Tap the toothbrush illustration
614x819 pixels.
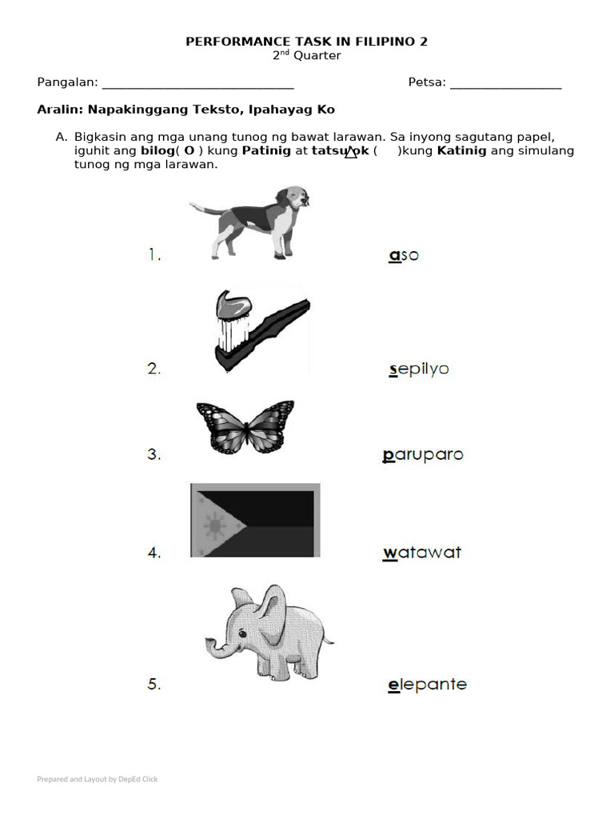click(x=260, y=330)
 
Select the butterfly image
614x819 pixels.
click(x=245, y=427)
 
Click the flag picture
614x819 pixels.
click(x=255, y=520)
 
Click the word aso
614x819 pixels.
click(x=403, y=255)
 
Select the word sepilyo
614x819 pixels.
click(x=418, y=370)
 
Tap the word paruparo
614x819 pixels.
click(x=423, y=455)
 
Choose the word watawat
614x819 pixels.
click(x=422, y=553)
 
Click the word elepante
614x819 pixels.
click(x=427, y=685)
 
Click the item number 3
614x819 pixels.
click(x=154, y=455)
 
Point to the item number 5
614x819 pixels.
click(x=154, y=685)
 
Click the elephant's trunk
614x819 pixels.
click(x=216, y=646)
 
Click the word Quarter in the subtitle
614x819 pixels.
click(x=317, y=56)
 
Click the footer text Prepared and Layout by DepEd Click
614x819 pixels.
click(x=98, y=779)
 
